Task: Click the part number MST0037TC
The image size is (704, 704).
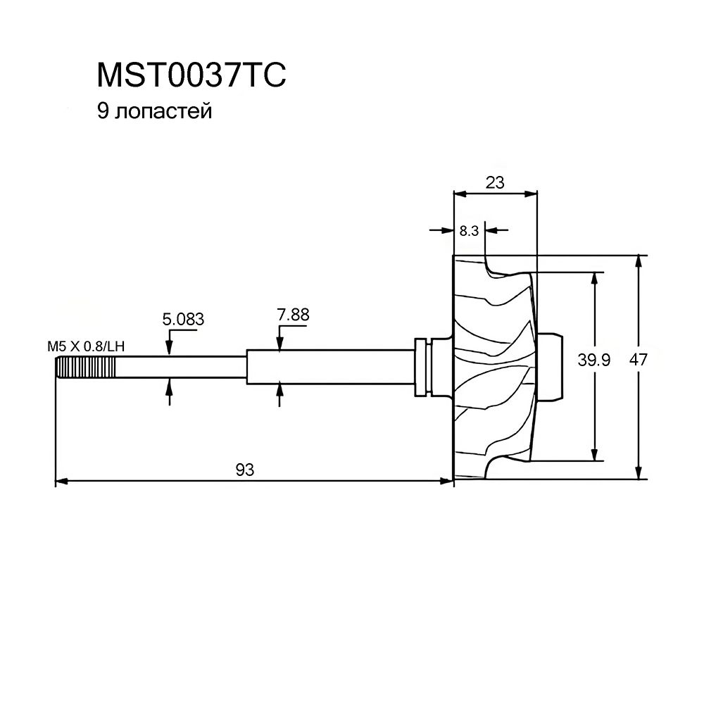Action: click(x=191, y=75)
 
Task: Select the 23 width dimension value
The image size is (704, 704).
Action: click(x=496, y=182)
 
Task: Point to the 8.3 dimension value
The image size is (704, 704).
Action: click(x=469, y=230)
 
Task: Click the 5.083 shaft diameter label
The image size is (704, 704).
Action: click(x=183, y=319)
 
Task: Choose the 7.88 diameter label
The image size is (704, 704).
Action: click(x=293, y=315)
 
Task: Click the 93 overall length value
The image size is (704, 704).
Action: click(x=244, y=470)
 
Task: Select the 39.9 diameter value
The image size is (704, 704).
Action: click(x=575, y=360)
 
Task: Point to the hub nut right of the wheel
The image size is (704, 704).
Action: click(x=552, y=366)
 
